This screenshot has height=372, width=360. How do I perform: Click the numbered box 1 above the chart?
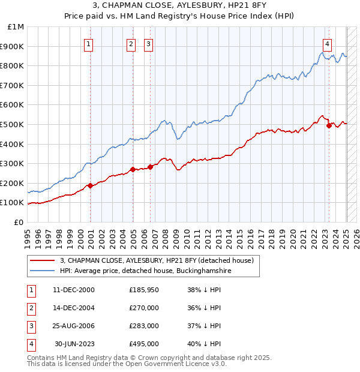[88, 43]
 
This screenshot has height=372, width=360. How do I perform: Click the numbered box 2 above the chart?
[131, 43]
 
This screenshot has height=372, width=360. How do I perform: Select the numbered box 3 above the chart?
[148, 43]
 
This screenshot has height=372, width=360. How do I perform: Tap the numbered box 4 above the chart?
[327, 43]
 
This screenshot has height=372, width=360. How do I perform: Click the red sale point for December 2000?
[90, 185]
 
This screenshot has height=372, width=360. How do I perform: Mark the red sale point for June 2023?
[329, 125]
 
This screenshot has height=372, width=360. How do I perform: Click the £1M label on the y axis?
[16, 27]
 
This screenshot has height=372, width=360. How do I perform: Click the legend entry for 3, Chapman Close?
[157, 260]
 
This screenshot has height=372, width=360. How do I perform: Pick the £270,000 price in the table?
[144, 308]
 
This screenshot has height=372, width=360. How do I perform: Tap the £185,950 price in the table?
[144, 290]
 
